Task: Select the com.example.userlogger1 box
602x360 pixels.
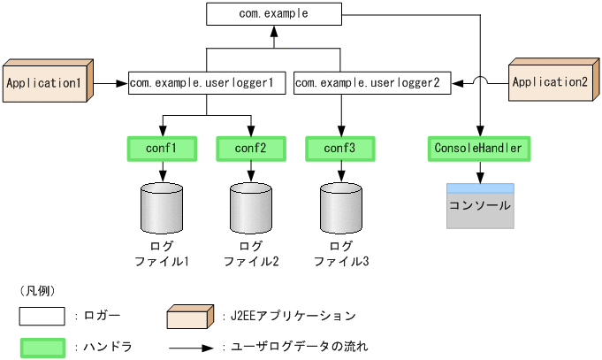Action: pyautogui.click(x=207, y=84)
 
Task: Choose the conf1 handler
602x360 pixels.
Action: pyautogui.click(x=162, y=149)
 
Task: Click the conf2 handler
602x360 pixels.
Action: pyautogui.click(x=251, y=149)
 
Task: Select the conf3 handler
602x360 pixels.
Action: pyautogui.click(x=340, y=149)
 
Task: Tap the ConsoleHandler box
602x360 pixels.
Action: pyautogui.click(x=479, y=149)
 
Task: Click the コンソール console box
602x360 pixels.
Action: pyautogui.click(x=480, y=206)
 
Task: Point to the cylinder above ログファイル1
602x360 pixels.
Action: pyautogui.click(x=162, y=207)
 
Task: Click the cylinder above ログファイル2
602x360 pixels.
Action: pyautogui.click(x=251, y=207)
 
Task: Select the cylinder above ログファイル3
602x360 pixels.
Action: pyautogui.click(x=340, y=207)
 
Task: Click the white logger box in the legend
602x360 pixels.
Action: pyautogui.click(x=42, y=317)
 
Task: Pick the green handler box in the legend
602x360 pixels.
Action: pyautogui.click(x=42, y=347)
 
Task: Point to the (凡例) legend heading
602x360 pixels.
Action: pyautogui.click(x=36, y=290)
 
